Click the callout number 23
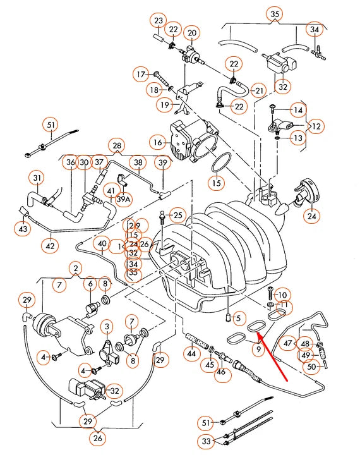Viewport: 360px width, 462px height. coord(157,20)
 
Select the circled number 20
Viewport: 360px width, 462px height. coord(192,33)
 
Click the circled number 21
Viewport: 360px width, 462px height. coord(258,91)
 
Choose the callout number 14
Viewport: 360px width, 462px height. coord(297,110)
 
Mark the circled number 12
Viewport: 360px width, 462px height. coord(316,126)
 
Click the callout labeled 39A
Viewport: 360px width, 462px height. coord(124,199)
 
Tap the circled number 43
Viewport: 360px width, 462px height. coord(23,228)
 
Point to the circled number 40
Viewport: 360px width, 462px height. coord(102,243)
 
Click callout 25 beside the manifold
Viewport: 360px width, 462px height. coord(177,216)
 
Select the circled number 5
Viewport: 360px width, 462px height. coord(237,317)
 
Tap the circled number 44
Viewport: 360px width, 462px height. coord(191,356)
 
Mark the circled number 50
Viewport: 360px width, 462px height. coord(311,366)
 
